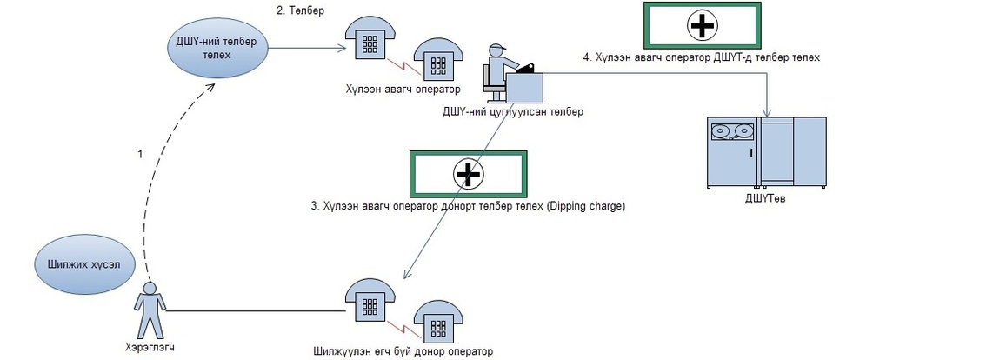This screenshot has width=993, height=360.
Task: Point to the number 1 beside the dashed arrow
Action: click(x=139, y=154)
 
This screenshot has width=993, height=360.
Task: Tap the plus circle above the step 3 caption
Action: click(x=468, y=175)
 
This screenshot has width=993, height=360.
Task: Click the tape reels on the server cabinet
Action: click(x=732, y=132)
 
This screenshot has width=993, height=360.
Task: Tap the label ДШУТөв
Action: click(x=766, y=197)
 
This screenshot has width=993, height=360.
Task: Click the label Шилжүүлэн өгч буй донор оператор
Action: click(x=403, y=351)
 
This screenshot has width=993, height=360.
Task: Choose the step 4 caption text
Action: click(x=701, y=57)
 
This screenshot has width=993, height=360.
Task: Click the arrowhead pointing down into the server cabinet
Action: click(x=766, y=111)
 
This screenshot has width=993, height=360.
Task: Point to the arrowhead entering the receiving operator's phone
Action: click(x=341, y=49)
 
